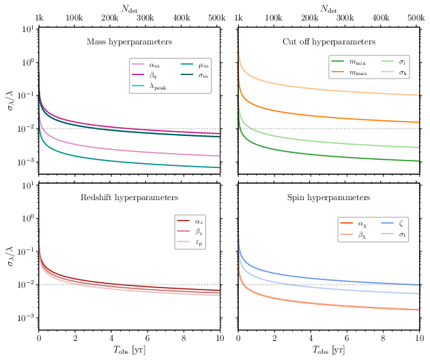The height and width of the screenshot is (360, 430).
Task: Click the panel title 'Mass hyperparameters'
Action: pyautogui.click(x=129, y=42)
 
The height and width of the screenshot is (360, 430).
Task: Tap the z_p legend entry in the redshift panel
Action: pyautogui.click(x=199, y=242)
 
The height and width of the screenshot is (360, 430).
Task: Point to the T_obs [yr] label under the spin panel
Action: pyautogui.click(x=328, y=351)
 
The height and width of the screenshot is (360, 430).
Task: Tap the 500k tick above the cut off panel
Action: pyautogui.click(x=418, y=16)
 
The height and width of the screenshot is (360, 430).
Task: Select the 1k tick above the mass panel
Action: pyautogui.click(x=40, y=16)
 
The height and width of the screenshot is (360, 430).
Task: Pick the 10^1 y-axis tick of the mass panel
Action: pyautogui.click(x=27, y=29)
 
